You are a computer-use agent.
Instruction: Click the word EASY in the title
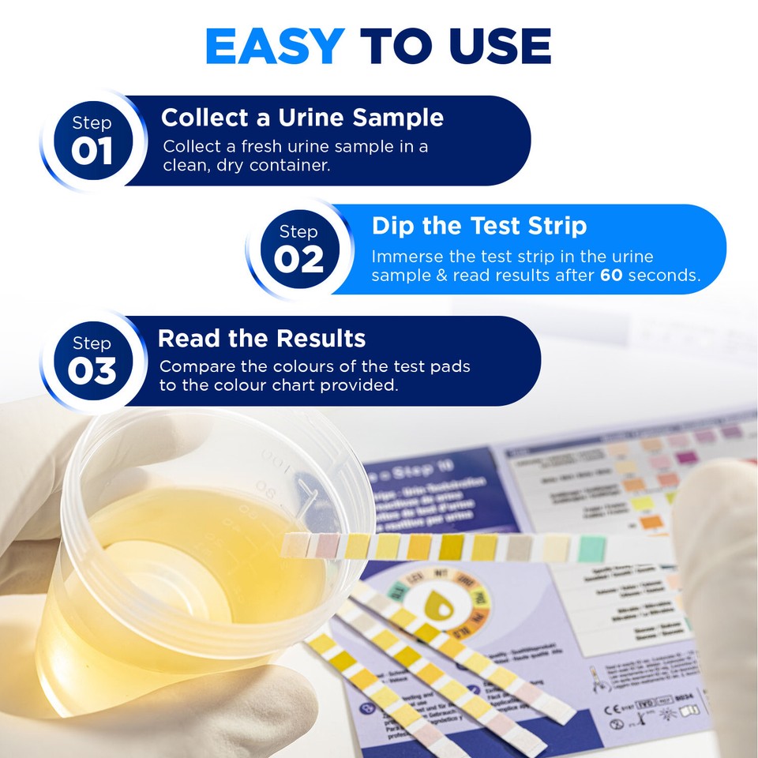[273, 47]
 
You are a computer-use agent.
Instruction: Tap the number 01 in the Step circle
[92, 152]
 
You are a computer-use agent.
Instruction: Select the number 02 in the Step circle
[298, 260]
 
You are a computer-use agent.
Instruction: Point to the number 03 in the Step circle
[92, 371]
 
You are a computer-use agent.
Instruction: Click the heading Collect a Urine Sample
[302, 118]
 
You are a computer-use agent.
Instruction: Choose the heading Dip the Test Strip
[479, 226]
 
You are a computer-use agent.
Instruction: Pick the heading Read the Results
[261, 338]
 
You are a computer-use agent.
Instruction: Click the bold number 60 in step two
[611, 276]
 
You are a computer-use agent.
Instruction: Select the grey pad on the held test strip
[520, 547]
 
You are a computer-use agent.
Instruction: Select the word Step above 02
[298, 231]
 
